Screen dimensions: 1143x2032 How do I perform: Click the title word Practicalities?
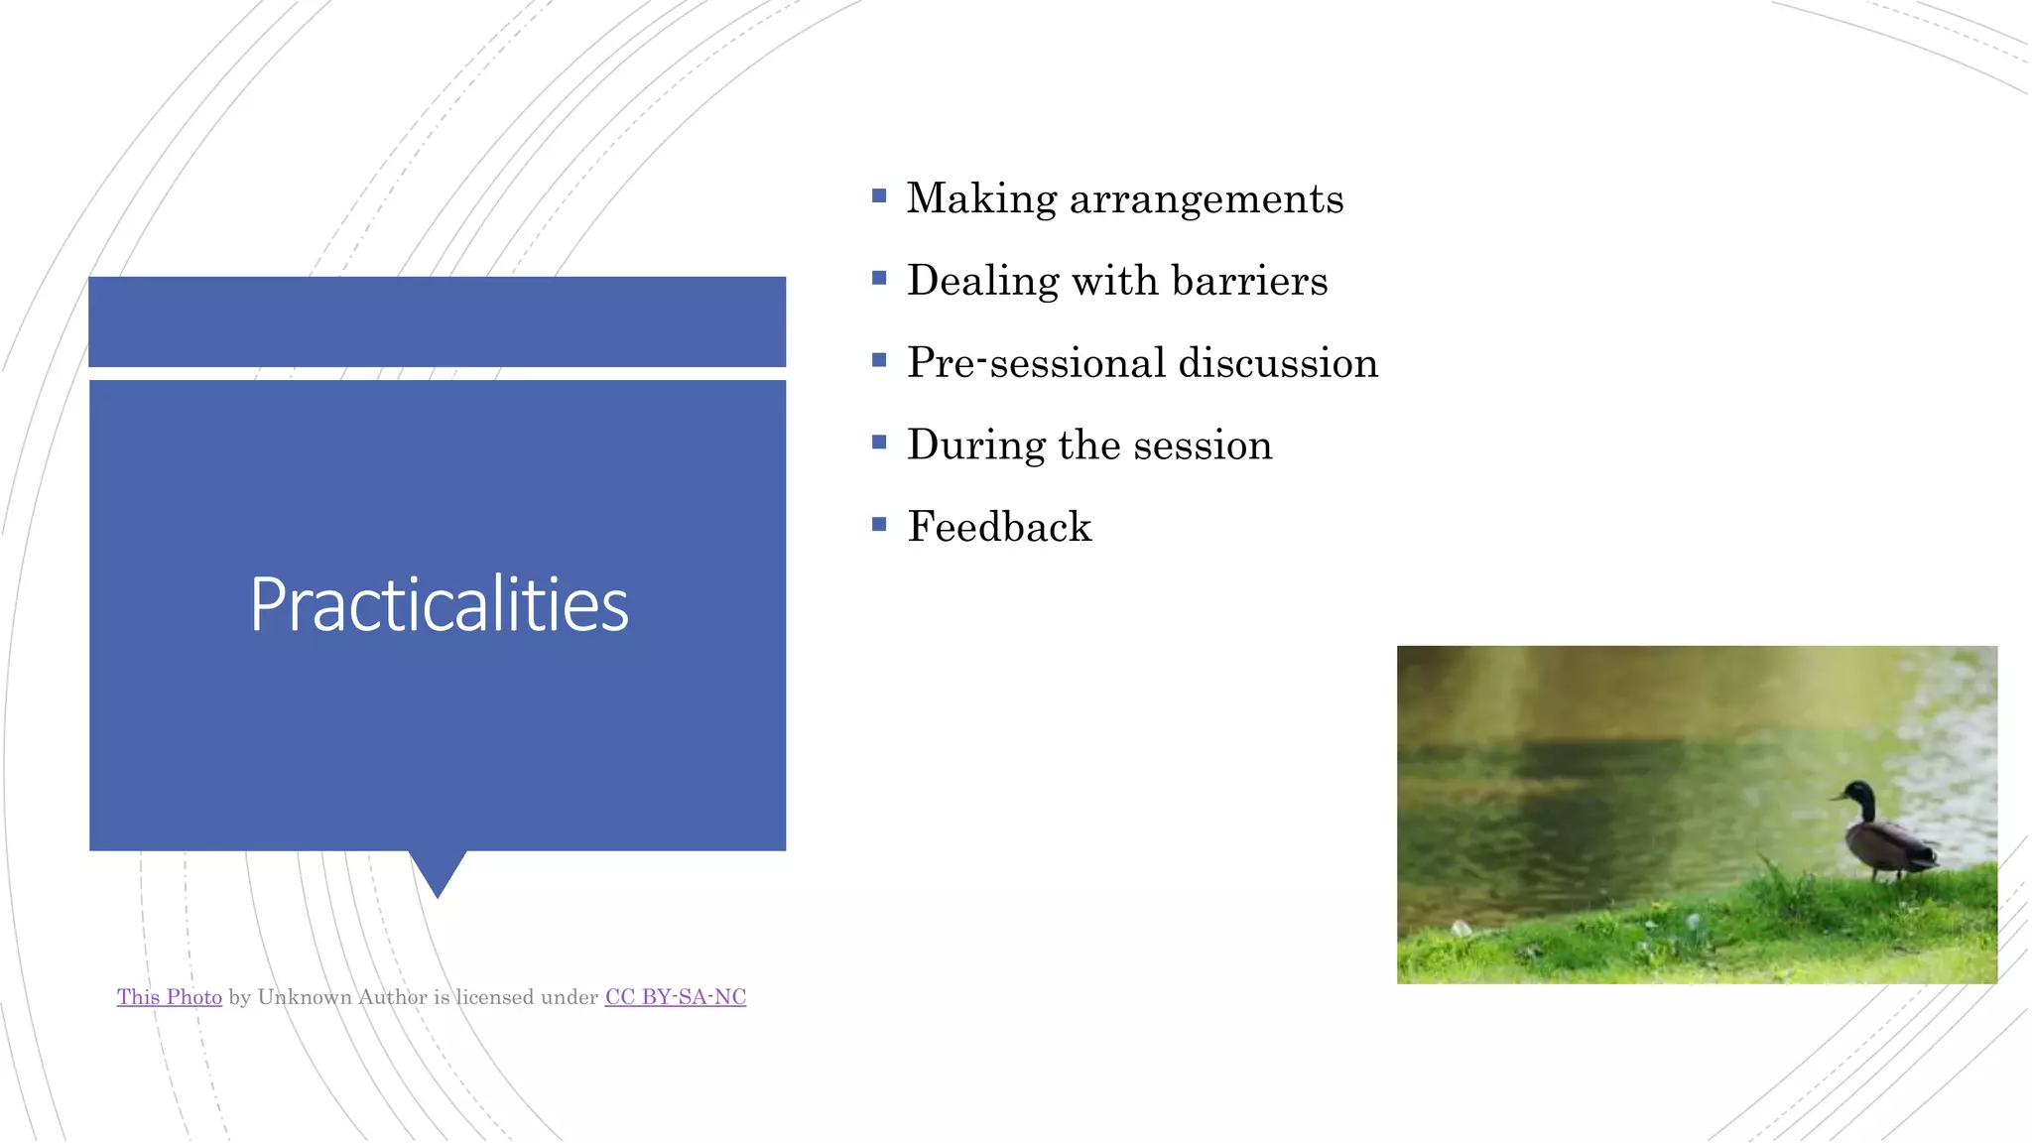(x=439, y=604)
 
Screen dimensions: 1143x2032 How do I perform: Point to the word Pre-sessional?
(x=1036, y=363)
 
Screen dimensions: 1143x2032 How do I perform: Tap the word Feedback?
(x=999, y=527)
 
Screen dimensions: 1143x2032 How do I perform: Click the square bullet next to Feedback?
(x=879, y=524)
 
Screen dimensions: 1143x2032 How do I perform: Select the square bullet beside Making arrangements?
(x=879, y=196)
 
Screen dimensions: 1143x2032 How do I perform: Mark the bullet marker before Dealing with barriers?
(x=879, y=279)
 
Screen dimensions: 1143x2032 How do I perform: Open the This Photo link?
(x=170, y=997)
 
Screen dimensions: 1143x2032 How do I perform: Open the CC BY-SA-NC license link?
(x=675, y=997)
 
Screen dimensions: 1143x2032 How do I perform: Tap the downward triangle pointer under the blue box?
(x=438, y=870)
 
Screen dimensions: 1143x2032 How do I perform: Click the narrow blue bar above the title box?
(x=438, y=321)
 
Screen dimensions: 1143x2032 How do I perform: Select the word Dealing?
(x=982, y=282)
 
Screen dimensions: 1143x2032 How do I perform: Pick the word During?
(x=975, y=445)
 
